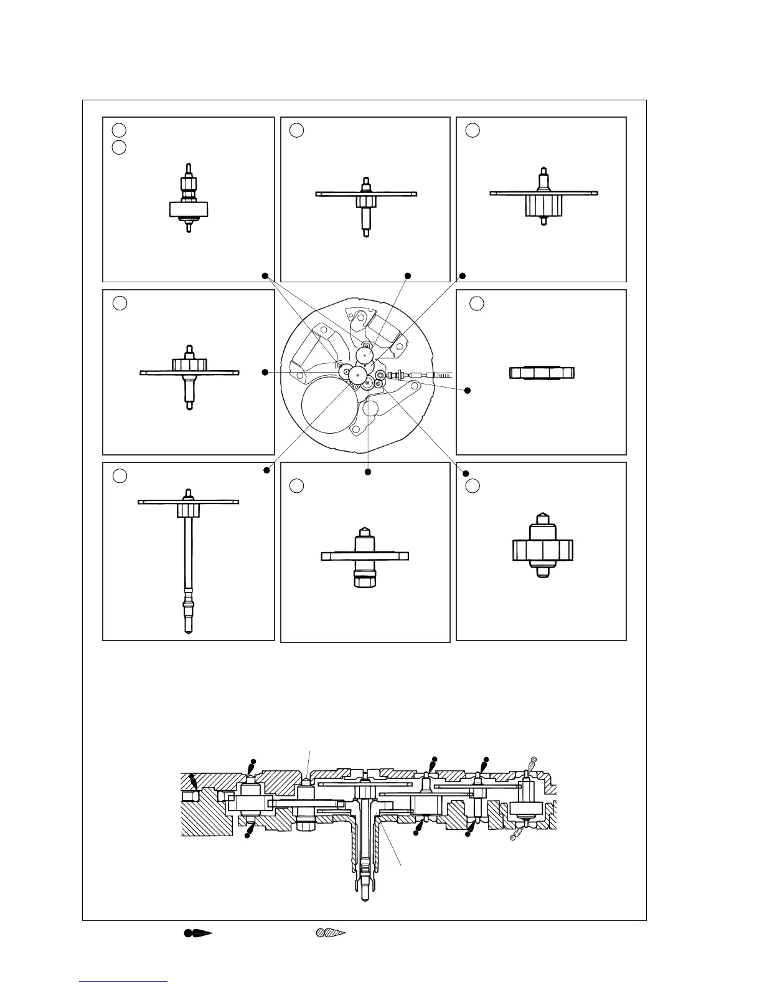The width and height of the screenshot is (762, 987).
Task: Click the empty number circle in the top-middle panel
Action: click(x=297, y=130)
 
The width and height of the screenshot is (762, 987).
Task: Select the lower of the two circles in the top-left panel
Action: click(x=120, y=148)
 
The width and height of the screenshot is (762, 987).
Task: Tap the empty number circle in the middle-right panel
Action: click(x=476, y=303)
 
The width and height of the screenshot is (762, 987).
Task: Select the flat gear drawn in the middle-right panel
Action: click(x=542, y=373)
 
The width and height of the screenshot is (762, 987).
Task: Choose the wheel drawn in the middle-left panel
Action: click(x=189, y=374)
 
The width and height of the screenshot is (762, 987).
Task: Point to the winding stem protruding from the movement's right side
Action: click(x=430, y=374)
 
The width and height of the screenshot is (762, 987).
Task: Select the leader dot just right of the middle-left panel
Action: click(x=265, y=372)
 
